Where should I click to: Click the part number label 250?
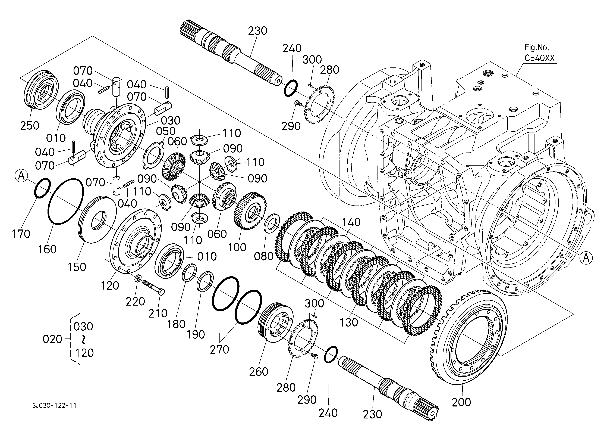[30, 125]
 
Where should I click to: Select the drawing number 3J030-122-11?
[54, 405]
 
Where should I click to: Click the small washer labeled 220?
[138, 278]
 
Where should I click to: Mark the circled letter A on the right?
[586, 258]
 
